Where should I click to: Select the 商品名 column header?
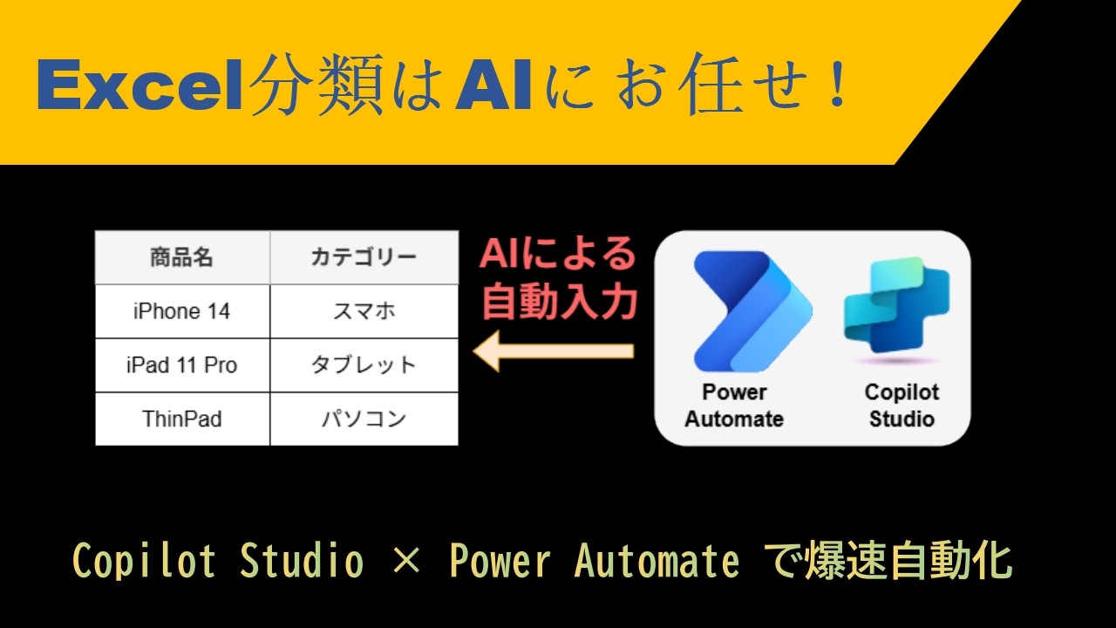click(181, 258)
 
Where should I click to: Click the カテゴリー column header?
click(364, 258)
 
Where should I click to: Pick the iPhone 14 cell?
click(181, 311)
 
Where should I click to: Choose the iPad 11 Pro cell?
click(181, 365)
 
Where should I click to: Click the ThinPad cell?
click(181, 419)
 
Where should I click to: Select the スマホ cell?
click(364, 311)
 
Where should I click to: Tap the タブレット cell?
click(364, 365)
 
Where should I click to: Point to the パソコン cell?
click(364, 419)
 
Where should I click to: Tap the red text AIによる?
click(558, 255)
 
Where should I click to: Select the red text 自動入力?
click(558, 302)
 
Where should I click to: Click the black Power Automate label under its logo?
click(734, 406)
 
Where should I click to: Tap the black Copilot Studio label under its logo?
click(902, 406)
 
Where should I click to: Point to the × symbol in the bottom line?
click(406, 562)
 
